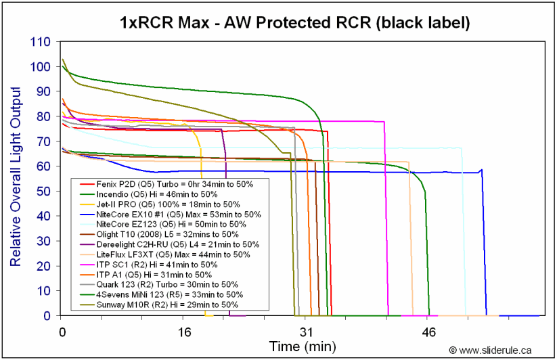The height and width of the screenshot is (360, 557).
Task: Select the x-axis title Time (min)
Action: (x=303, y=347)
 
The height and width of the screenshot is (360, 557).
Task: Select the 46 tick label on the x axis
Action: (x=428, y=333)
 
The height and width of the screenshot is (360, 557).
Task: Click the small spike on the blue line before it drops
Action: (x=481, y=170)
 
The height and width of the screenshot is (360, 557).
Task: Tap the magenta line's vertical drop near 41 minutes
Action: (x=385, y=217)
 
